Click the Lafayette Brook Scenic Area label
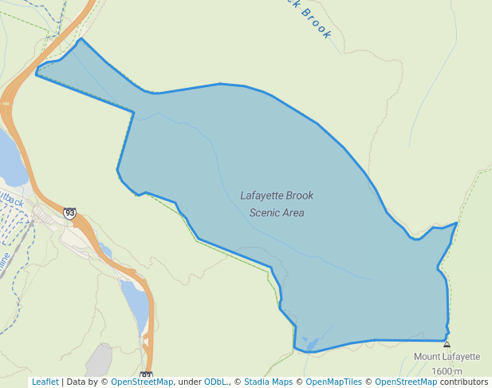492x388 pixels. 277,204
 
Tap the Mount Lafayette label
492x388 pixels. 447,357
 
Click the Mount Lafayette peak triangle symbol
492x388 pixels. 447,345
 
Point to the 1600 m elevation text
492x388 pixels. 447,371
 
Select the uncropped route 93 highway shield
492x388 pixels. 70,213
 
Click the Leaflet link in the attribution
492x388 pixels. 45,382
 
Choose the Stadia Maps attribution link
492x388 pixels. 268,382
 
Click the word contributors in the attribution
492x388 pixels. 464,382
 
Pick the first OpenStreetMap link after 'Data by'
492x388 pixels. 142,382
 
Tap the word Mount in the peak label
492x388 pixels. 427,357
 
